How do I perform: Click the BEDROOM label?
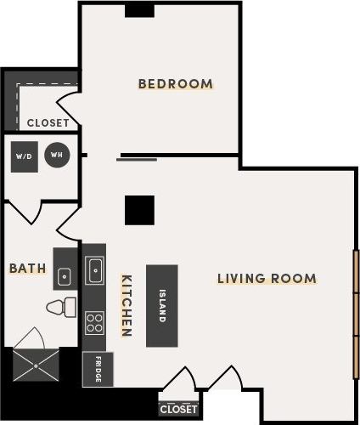point(175,83)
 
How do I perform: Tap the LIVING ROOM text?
point(267,278)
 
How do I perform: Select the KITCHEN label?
point(126,306)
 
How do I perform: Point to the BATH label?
point(27,268)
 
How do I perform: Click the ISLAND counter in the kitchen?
point(161,305)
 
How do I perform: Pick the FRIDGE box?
point(97,369)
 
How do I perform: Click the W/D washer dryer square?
point(23,156)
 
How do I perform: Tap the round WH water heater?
point(57,155)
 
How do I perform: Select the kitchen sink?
point(94,271)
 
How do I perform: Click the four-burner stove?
point(94,322)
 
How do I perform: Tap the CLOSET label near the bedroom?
point(48,122)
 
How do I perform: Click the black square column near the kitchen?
point(138,210)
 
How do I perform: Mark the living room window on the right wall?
point(355,314)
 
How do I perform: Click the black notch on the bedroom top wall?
point(138,9)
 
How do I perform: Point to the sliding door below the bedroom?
point(137,158)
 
